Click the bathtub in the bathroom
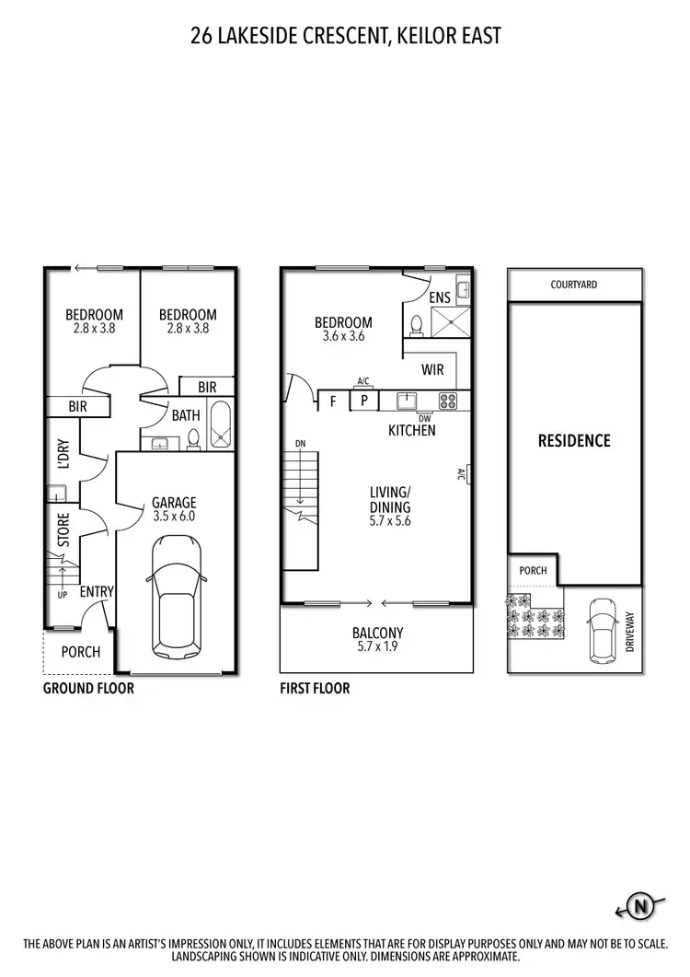tap(222, 425)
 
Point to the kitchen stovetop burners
tap(448, 401)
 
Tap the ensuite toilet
tap(416, 325)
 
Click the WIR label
tap(434, 370)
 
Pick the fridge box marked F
tap(333, 401)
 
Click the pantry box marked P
tap(363, 401)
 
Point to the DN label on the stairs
tap(300, 444)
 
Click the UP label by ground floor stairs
tap(62, 595)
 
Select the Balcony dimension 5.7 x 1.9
tap(377, 648)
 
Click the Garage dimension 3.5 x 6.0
tap(174, 518)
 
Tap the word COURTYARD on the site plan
tap(574, 285)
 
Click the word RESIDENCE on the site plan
tap(574, 441)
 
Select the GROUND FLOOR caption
tap(88, 688)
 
